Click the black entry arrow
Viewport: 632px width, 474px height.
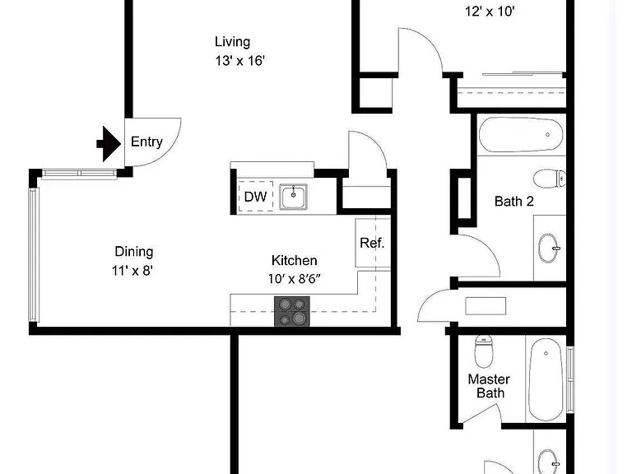pos(109,143)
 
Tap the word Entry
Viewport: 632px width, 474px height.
pos(146,142)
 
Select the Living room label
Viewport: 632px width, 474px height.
pos(232,41)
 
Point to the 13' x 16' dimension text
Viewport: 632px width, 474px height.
pos(239,61)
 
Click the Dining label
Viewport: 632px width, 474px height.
pos(134,252)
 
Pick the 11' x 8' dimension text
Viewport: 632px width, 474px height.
pos(132,270)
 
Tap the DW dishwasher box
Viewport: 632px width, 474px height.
pos(256,197)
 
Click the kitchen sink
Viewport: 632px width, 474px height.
pos(294,197)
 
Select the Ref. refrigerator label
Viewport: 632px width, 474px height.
pos(372,243)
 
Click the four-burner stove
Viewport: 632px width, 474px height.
pos(292,311)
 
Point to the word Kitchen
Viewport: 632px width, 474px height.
pos(295,260)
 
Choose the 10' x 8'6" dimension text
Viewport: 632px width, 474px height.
pos(295,278)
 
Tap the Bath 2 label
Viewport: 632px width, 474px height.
pos(513,201)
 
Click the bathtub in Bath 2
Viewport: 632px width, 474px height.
pos(521,135)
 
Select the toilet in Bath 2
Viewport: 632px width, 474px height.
pos(550,178)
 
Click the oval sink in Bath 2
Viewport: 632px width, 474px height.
pos(549,248)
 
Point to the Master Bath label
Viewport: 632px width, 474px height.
pos(490,386)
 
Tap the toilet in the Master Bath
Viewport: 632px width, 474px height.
pos(484,351)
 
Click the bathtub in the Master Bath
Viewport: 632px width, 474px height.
pos(546,379)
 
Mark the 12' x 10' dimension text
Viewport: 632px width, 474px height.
pos(490,12)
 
